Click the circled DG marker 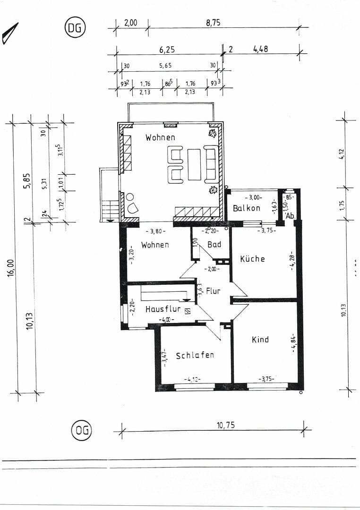pyautogui.click(x=74, y=28)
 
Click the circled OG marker pyautogui.click(x=81, y=430)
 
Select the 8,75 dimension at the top pyautogui.click(x=214, y=22)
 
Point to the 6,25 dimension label pyautogui.click(x=167, y=49)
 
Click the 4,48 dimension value pyautogui.click(x=260, y=49)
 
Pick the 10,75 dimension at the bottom pyautogui.click(x=225, y=425)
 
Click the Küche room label pyautogui.click(x=252, y=259)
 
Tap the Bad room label pyautogui.click(x=214, y=245)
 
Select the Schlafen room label pyautogui.click(x=195, y=355)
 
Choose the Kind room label pyautogui.click(x=260, y=340)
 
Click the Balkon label pyautogui.click(x=246, y=208)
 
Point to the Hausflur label pyautogui.click(x=163, y=309)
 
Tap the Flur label pyautogui.click(x=213, y=291)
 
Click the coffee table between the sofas pyautogui.click(x=194, y=164)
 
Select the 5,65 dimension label pyautogui.click(x=165, y=66)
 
